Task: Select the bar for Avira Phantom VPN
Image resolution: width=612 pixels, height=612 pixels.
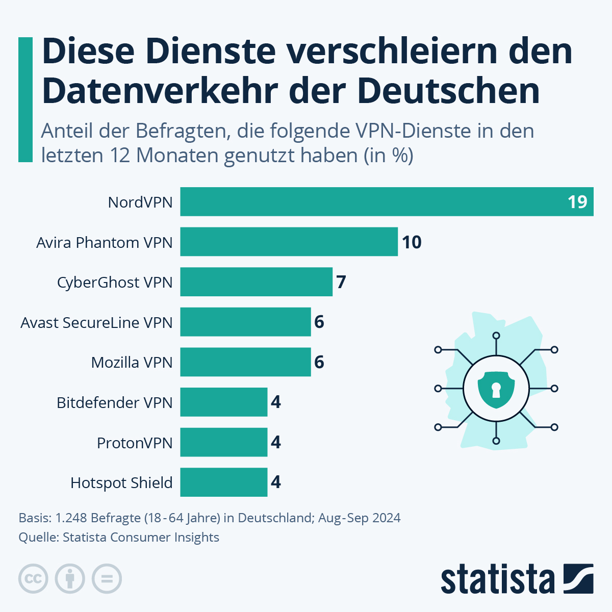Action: click(x=289, y=242)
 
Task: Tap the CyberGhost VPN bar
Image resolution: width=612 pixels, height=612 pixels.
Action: click(x=256, y=282)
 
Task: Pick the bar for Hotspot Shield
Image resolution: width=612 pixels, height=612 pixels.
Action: click(x=223, y=482)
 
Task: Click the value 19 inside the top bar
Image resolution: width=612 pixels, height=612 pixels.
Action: click(x=577, y=202)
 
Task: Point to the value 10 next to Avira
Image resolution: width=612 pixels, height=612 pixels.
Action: click(x=412, y=242)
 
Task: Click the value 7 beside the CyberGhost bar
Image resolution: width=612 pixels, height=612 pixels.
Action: click(x=341, y=282)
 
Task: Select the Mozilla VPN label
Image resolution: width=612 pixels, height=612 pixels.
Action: click(x=132, y=362)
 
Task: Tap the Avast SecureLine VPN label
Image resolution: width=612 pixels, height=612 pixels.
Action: click(x=96, y=322)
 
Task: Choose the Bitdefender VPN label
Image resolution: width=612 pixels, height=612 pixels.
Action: click(x=114, y=402)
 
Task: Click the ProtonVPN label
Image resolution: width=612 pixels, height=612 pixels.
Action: click(x=135, y=443)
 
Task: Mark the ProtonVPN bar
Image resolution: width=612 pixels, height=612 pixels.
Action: click(x=223, y=442)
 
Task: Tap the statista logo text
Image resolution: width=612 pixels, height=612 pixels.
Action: click(x=497, y=579)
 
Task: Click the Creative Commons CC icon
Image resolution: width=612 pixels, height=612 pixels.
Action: click(x=33, y=579)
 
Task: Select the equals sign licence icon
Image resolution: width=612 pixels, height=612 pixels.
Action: click(x=107, y=579)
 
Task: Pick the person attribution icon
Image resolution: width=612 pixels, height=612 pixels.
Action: click(x=70, y=579)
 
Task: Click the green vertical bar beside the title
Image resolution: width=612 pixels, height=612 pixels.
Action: click(x=25, y=99)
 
